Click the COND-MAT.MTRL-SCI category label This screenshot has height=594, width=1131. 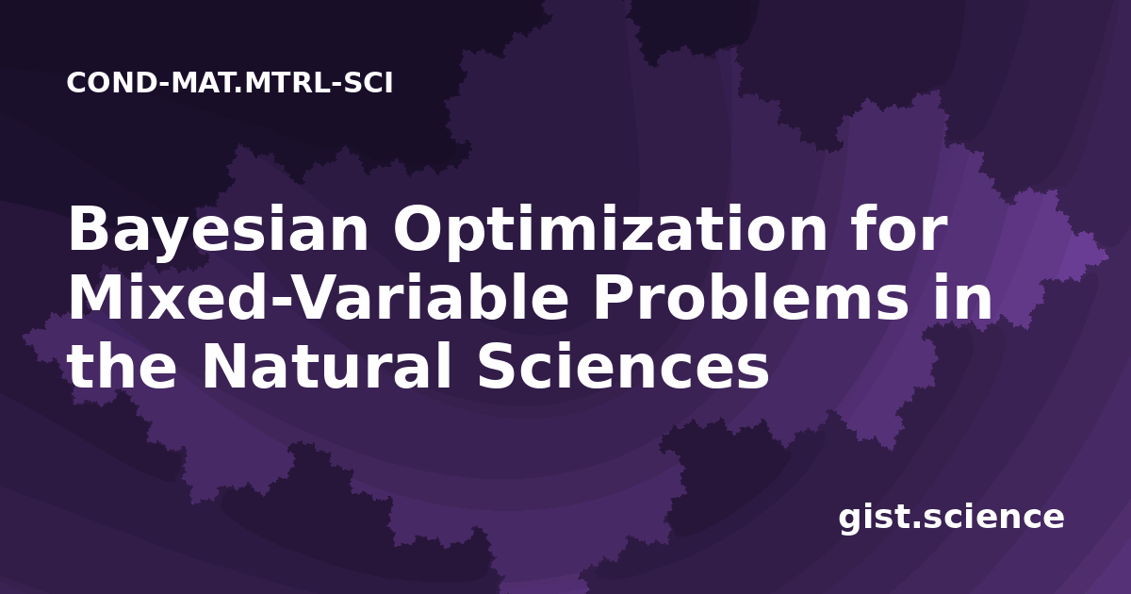pyautogui.click(x=230, y=83)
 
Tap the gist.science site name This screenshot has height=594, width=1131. pyautogui.click(x=951, y=519)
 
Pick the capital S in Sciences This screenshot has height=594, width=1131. pyautogui.click(x=498, y=365)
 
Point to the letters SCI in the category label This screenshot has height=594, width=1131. pyautogui.click(x=369, y=83)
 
